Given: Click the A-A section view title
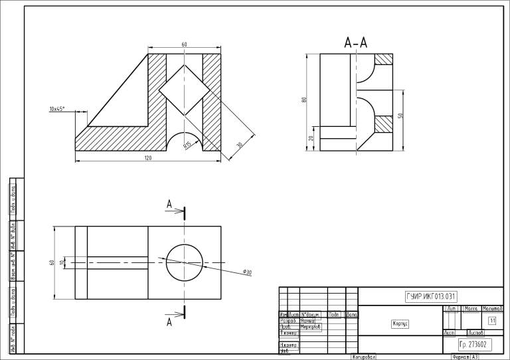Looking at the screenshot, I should tap(356, 44).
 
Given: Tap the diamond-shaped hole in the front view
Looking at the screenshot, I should tap(184, 90).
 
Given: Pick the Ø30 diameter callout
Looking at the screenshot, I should tap(247, 272).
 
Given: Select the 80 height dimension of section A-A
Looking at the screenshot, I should tap(304, 100).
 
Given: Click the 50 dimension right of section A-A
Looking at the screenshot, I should tap(400, 116).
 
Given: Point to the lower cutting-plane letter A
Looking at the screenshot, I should tap(169, 322).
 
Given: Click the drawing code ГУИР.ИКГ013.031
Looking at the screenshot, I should tap(430, 296).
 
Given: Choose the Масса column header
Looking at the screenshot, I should tap(471, 310).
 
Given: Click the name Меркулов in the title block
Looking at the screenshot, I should tap(311, 327).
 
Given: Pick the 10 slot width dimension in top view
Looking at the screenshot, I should tap(62, 262).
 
